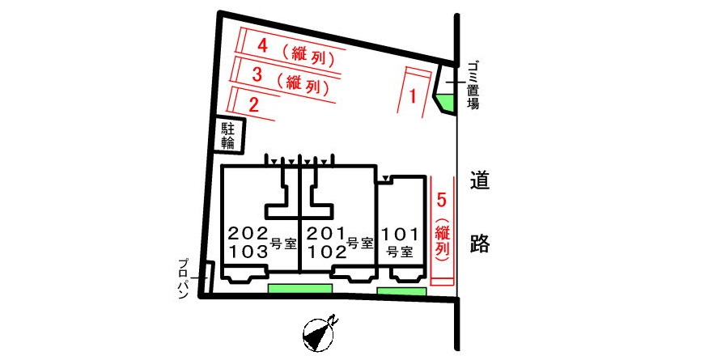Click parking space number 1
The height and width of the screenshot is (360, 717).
coord(413,96)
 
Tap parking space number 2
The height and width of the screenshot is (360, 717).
coord(254,105)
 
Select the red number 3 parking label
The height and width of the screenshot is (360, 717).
coord(257,74)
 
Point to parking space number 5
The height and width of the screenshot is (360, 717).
coord(441,200)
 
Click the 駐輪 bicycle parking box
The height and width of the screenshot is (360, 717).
coord(229,135)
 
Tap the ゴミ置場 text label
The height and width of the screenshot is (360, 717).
coord(473,86)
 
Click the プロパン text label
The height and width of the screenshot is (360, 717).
coord(184,278)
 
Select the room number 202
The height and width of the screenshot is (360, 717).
coord(248,234)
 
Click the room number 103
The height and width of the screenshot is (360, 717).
coord(248,252)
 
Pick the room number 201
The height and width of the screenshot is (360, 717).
coord(325,234)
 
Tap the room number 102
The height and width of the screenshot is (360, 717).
coord(325,252)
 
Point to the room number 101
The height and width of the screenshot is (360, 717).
coord(400,235)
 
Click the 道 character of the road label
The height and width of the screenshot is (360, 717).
coord(480,180)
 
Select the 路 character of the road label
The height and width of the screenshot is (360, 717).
coord(480,244)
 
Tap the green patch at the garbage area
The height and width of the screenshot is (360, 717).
coord(446,102)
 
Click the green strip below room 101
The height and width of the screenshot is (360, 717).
coord(401,291)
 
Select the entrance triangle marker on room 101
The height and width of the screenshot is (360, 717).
coord(386,178)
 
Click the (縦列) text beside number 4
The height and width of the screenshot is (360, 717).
coord(308,55)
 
